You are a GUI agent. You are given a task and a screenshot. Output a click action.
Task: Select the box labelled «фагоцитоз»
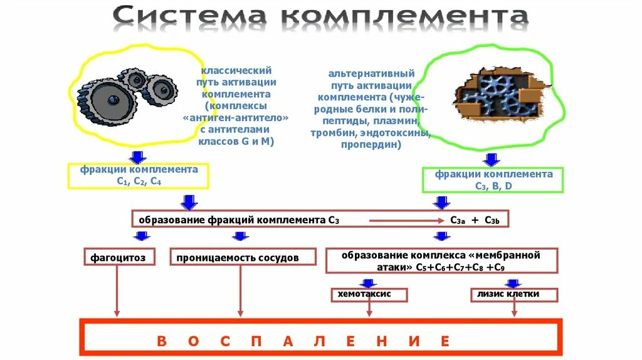(x=118, y=257)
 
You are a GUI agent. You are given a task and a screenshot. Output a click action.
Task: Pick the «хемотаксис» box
(x=369, y=294)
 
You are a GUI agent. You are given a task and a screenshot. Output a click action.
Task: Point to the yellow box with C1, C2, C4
(x=138, y=176)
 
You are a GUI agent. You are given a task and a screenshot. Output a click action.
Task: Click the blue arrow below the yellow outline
(x=138, y=156)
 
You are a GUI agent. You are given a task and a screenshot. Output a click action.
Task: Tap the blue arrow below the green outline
(x=493, y=159)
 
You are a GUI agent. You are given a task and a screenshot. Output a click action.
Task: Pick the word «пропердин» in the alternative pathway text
(x=371, y=145)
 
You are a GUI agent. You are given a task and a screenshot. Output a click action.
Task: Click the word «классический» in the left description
(x=236, y=71)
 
